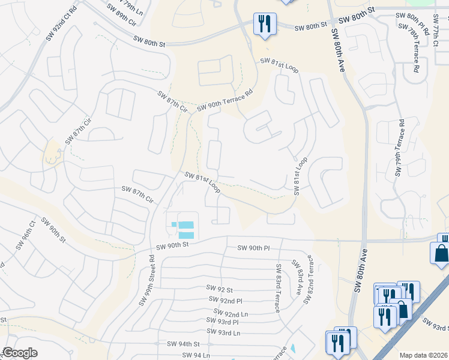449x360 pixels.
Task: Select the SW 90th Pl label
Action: (254, 248)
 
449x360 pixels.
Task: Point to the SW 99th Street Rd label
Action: (147, 281)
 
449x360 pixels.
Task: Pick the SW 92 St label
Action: (218, 289)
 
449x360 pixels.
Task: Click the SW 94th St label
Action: (182, 344)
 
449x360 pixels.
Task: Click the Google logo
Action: (20, 353)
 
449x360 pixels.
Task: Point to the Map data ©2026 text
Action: (423, 355)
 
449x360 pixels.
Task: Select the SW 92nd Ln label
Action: (231, 313)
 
